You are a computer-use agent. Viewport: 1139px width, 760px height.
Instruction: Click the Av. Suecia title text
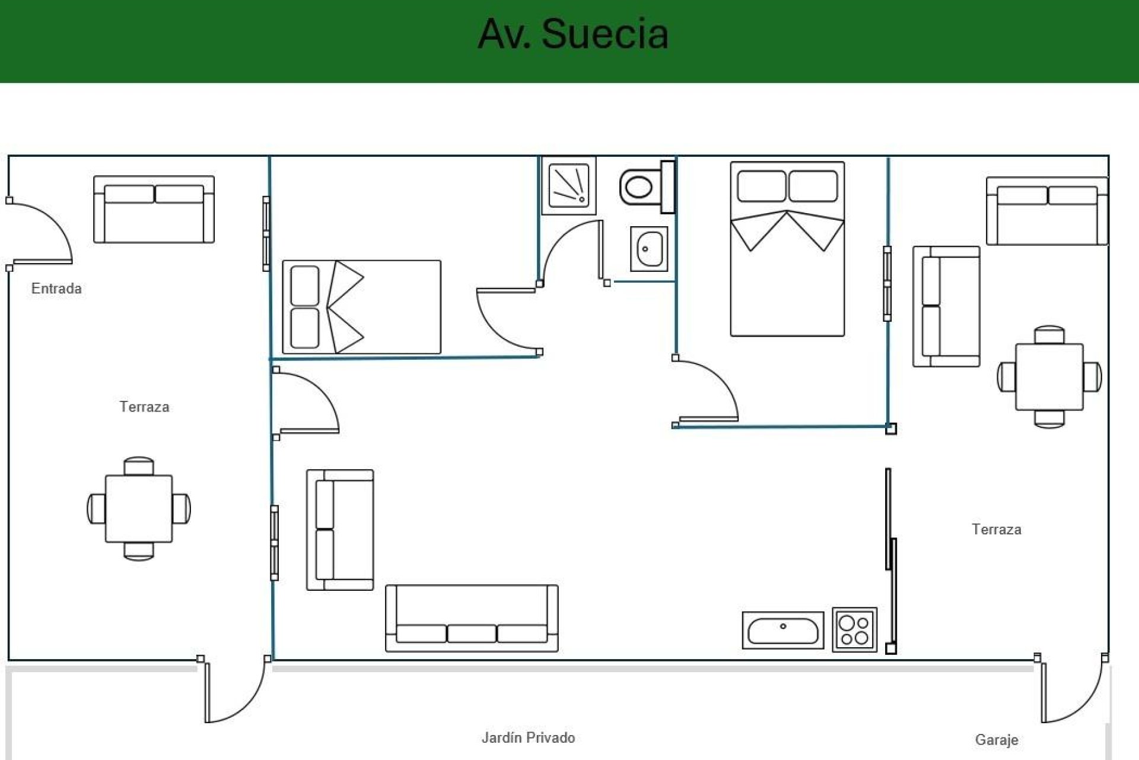tap(573, 34)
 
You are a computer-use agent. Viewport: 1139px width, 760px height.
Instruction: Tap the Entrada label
tap(56, 289)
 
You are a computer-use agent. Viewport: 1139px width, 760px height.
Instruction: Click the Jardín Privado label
tap(528, 737)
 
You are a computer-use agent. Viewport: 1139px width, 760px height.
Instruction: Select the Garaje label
tap(996, 740)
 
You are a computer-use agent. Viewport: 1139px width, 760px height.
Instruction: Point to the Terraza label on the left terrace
tap(144, 407)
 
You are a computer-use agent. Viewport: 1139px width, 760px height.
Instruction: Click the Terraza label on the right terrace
tap(996, 529)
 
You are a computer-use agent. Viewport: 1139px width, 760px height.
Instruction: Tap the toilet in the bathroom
tap(641, 188)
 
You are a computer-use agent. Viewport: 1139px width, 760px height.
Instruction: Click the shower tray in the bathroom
tap(568, 185)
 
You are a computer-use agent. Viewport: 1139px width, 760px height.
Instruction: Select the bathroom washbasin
tap(649, 249)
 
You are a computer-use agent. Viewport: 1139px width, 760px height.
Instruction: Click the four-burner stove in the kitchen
tap(854, 630)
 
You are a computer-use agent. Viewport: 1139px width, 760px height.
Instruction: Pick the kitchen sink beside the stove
tap(782, 630)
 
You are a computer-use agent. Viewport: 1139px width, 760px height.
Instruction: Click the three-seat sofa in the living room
tap(472, 618)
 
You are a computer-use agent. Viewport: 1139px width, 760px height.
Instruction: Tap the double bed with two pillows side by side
tap(787, 249)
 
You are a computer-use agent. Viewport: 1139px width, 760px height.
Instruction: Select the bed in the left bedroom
tap(361, 307)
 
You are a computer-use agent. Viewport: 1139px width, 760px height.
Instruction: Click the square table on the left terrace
tap(139, 508)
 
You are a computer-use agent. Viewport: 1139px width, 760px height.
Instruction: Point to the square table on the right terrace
tap(1049, 376)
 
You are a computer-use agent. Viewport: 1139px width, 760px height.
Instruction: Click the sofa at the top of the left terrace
tap(154, 209)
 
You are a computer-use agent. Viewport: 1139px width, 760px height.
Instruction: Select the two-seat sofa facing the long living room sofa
tap(340, 530)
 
